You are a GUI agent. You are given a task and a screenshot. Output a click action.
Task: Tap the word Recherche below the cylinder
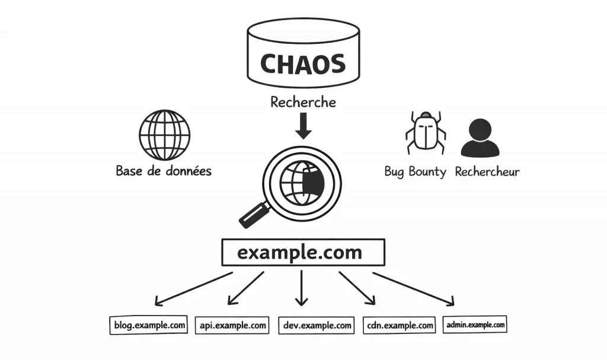[x=303, y=102]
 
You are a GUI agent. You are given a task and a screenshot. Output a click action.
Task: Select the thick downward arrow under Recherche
[x=303, y=126]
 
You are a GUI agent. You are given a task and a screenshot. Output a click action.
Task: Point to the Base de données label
[x=164, y=171]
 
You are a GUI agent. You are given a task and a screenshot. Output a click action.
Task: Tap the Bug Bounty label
[x=415, y=172]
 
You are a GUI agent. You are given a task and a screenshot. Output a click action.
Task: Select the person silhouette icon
[x=480, y=137]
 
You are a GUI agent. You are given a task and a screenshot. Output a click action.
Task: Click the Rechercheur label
[x=487, y=172]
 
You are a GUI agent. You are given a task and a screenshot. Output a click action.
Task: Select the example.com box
[x=303, y=253]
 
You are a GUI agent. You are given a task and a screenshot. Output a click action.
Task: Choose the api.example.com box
[x=232, y=326]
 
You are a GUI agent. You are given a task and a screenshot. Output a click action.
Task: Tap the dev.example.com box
[x=317, y=326]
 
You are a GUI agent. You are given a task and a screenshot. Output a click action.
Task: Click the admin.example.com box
[x=475, y=324]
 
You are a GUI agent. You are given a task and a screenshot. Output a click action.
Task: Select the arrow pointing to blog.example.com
[x=193, y=288]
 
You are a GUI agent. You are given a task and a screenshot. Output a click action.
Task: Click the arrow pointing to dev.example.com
[x=302, y=288]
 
